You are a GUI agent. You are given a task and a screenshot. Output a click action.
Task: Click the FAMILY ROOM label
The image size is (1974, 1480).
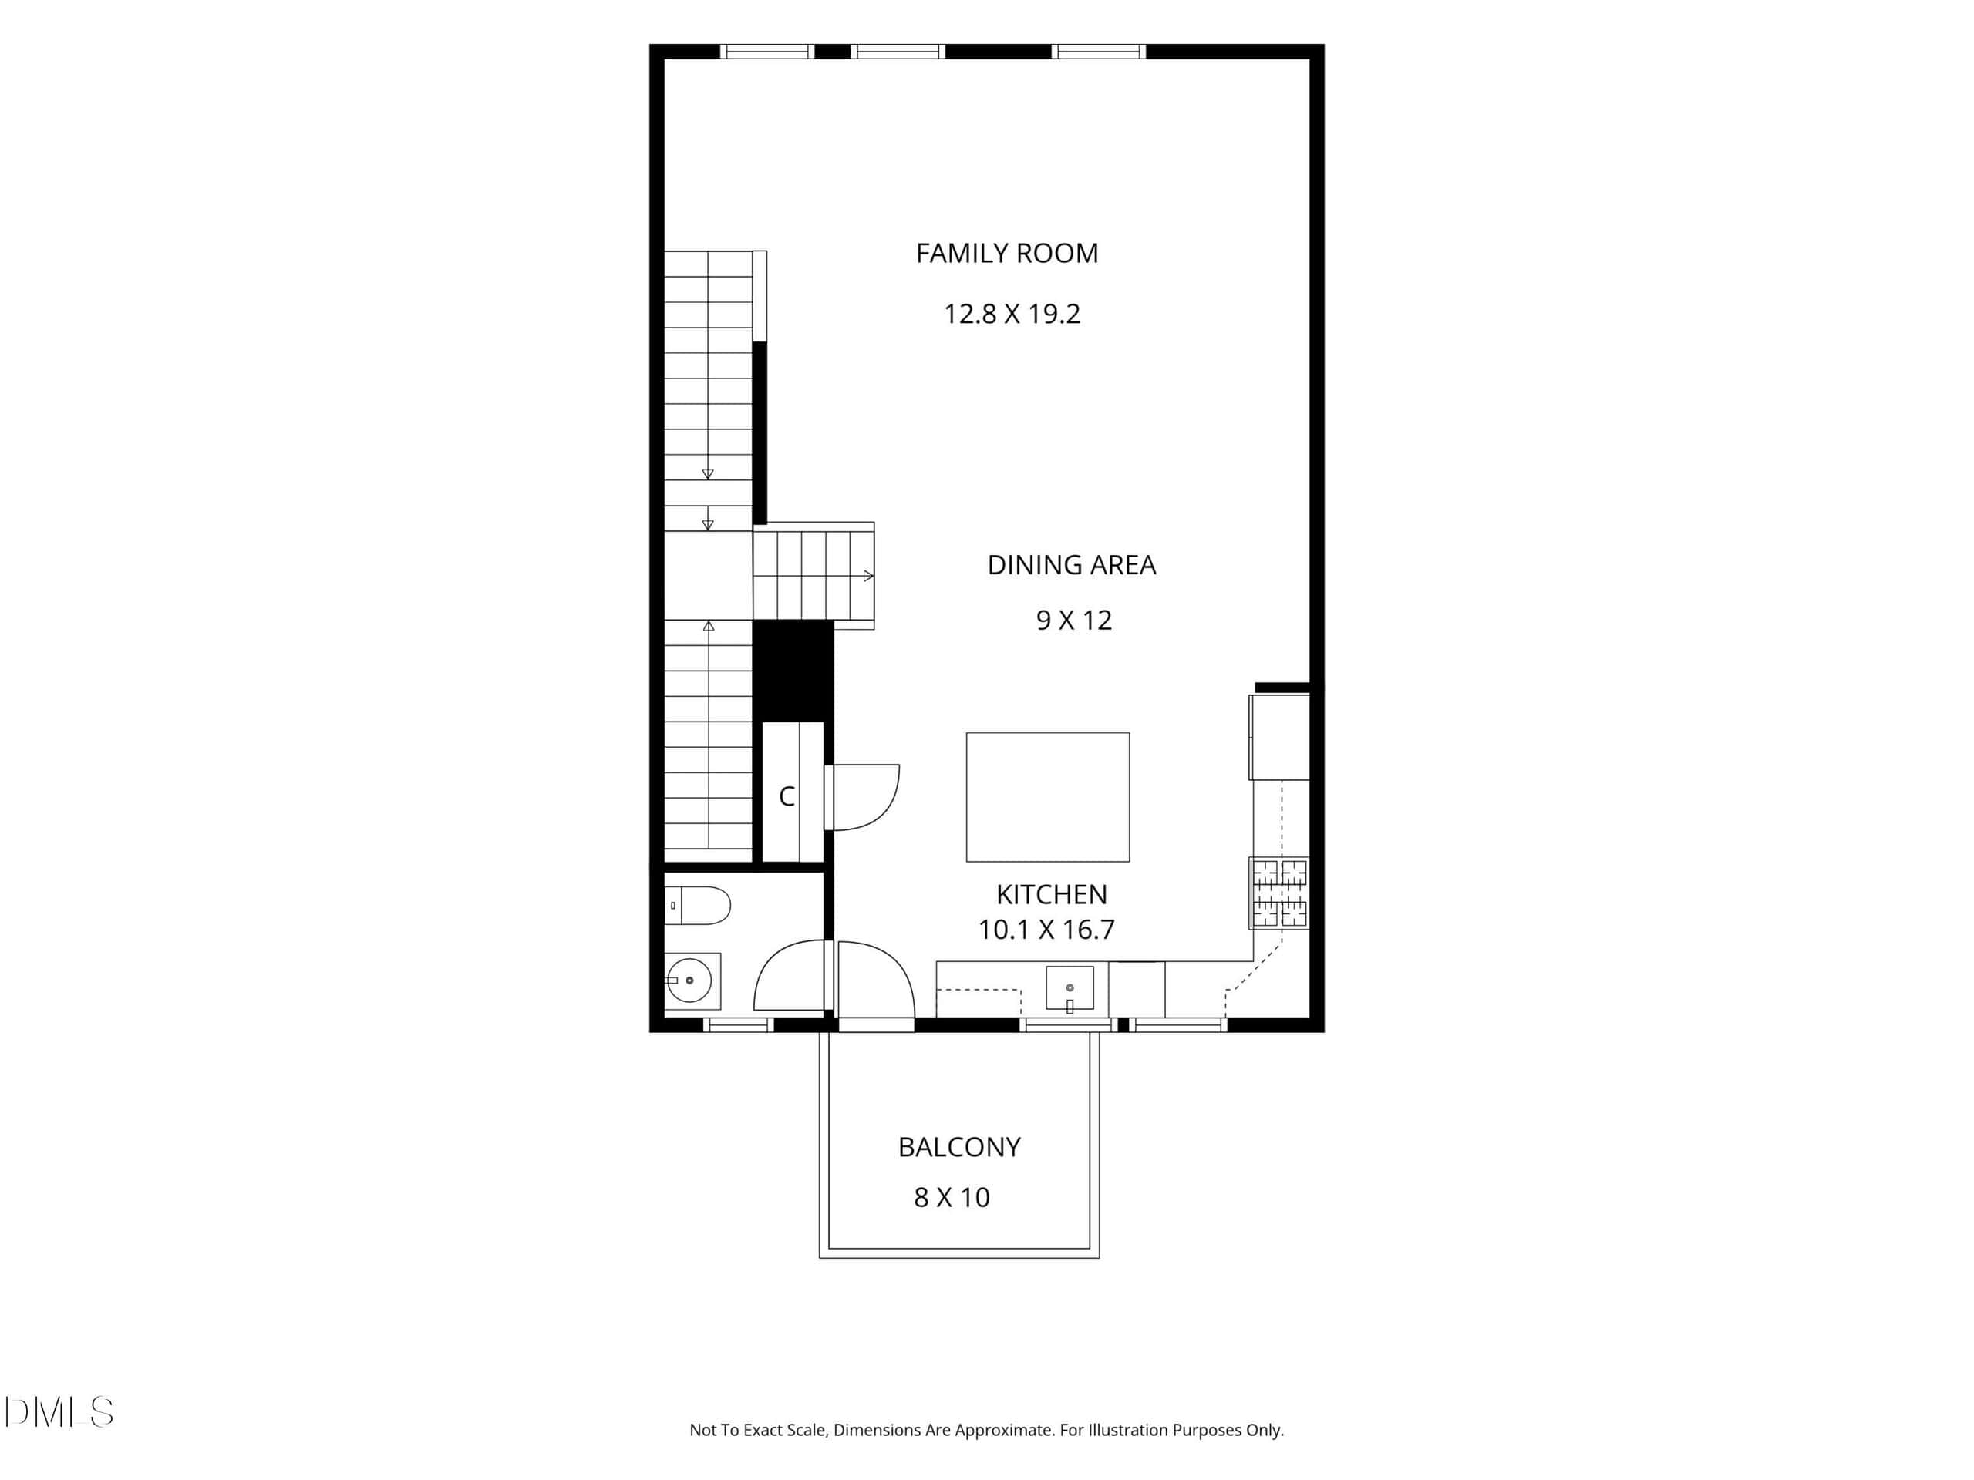(x=1006, y=254)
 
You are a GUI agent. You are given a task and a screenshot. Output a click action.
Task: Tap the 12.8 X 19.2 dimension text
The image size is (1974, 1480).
(x=1012, y=314)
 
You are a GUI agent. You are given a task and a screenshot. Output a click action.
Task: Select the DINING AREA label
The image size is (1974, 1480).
(x=1071, y=565)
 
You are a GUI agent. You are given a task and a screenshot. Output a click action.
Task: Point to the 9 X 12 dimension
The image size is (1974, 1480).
(x=1073, y=620)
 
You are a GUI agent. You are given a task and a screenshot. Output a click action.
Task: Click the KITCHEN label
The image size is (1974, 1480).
(x=1051, y=894)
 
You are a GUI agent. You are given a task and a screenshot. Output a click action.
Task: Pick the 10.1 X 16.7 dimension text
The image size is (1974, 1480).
(x=1046, y=930)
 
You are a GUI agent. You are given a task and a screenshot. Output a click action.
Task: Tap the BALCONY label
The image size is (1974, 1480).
(x=958, y=1147)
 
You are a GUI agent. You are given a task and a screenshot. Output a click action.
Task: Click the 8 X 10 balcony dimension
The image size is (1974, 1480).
(x=952, y=1197)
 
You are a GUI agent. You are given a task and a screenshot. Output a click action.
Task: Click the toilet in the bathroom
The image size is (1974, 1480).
(x=698, y=906)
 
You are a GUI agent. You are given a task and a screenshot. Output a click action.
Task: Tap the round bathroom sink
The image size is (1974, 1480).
(x=688, y=980)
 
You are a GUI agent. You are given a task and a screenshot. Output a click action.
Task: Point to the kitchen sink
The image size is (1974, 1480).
(x=1069, y=988)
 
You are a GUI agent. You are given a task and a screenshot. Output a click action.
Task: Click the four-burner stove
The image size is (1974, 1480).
(x=1278, y=893)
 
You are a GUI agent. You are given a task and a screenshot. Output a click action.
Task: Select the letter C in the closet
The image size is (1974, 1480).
(x=787, y=796)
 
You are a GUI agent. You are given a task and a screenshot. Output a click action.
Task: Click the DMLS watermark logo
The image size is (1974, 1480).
(x=59, y=1412)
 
